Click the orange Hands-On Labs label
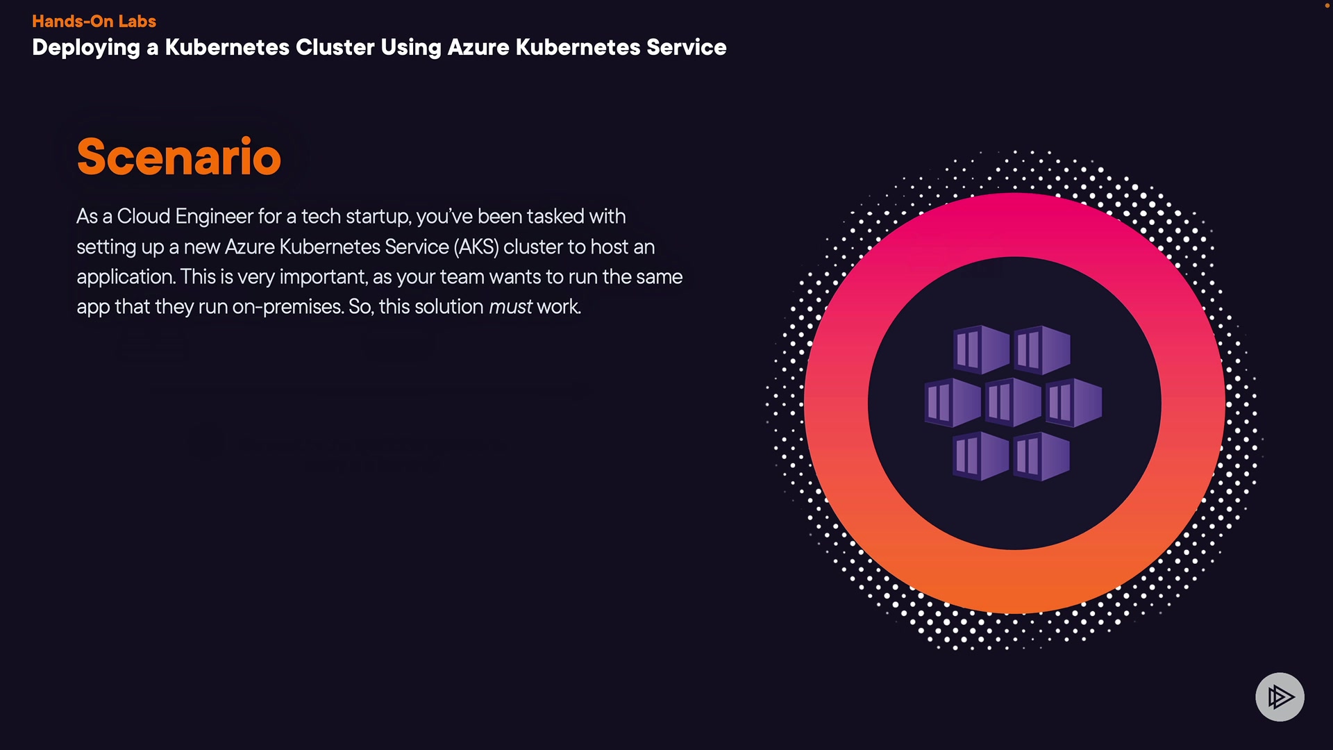[94, 21]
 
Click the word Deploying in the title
[86, 47]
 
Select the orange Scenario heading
[179, 156]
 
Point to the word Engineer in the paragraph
[214, 217]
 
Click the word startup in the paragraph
[378, 217]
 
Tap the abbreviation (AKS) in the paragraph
[476, 247]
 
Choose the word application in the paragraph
[126, 277]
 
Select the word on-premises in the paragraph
[288, 307]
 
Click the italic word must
[510, 307]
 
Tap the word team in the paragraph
[462, 277]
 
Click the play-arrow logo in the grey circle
[1280, 697]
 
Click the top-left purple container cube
[982, 349]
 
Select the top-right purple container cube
[1042, 349]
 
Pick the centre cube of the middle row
[1013, 402]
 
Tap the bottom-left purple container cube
[981, 456]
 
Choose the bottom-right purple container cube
[1041, 456]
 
